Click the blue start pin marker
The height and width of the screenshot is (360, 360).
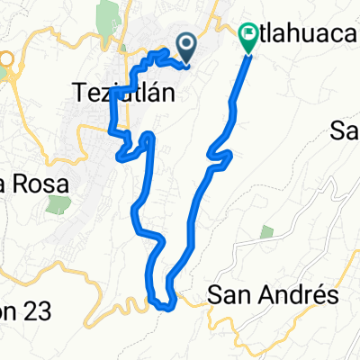(187, 45)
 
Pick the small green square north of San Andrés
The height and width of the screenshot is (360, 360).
(266, 233)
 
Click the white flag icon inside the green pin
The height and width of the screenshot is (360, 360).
(247, 35)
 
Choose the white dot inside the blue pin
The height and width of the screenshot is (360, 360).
(187, 41)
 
